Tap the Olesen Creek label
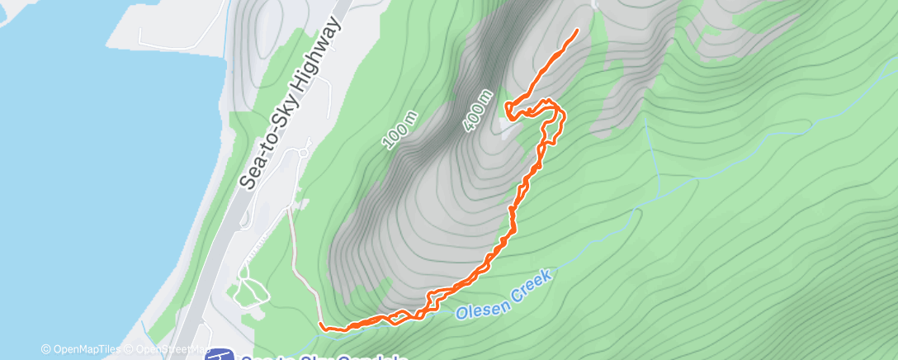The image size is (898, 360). tap(503, 301)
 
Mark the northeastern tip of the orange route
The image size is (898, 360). tap(576, 30)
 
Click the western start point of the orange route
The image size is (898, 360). tap(320, 328)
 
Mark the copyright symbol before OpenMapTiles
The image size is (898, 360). tap(45, 349)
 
